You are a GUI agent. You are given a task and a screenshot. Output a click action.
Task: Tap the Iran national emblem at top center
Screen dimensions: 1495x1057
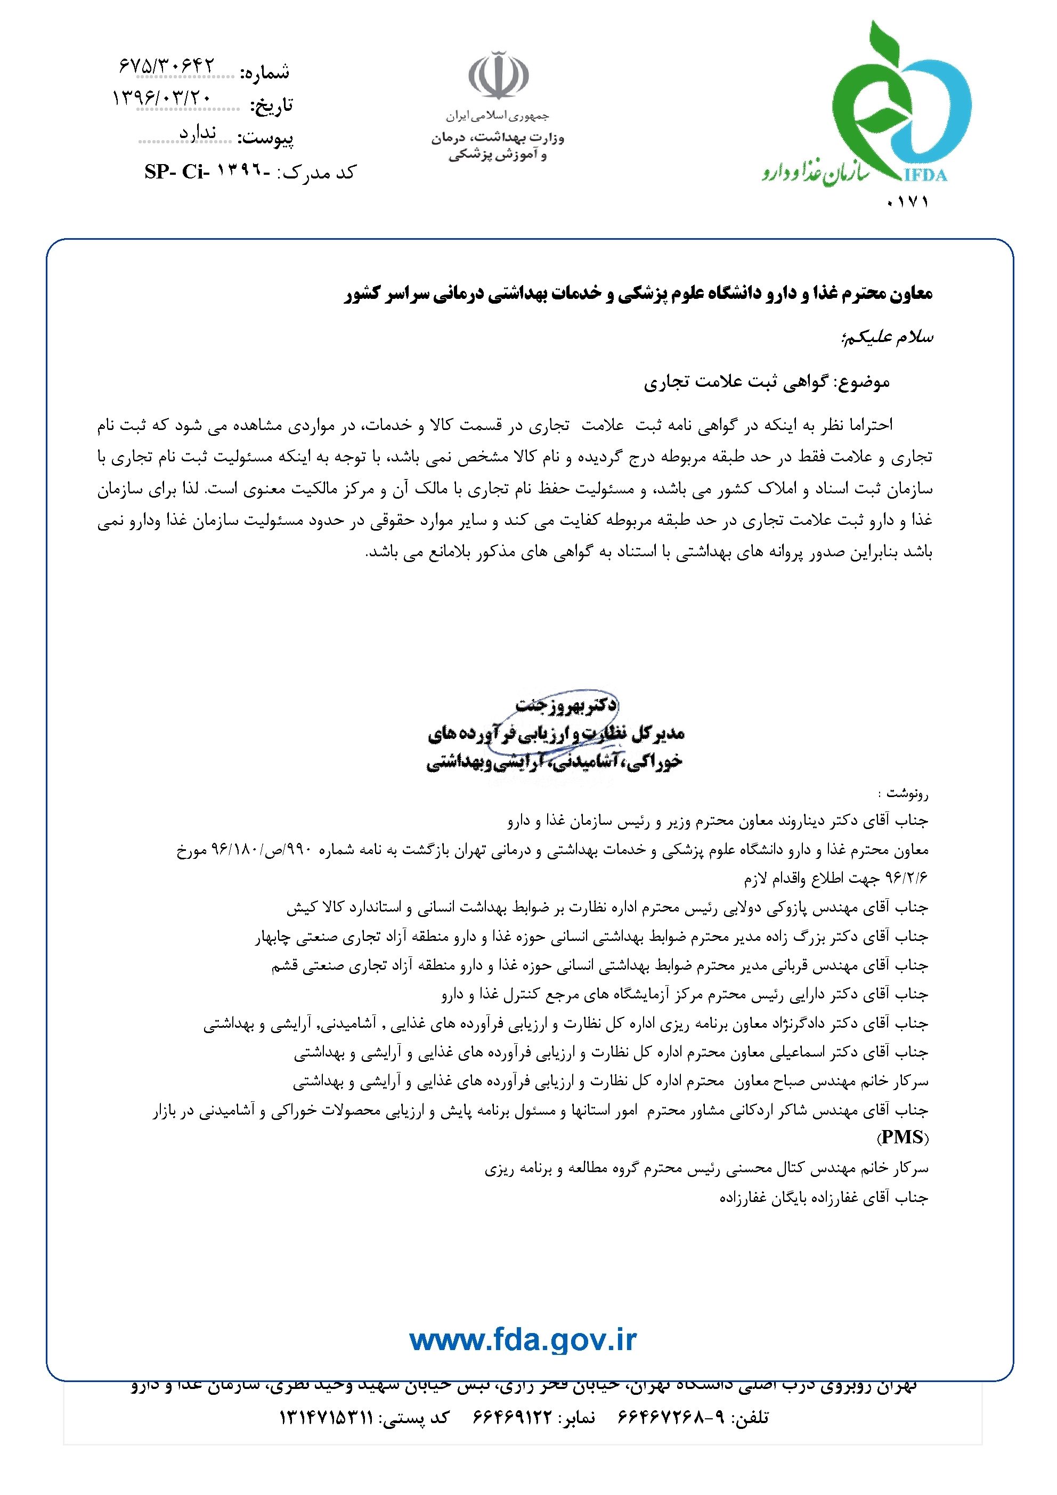coord(498,75)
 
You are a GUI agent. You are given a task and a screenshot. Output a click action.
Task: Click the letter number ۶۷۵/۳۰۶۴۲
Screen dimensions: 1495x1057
coord(167,65)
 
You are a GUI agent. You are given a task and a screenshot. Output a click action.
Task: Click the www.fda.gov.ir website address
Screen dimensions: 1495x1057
coord(523,1340)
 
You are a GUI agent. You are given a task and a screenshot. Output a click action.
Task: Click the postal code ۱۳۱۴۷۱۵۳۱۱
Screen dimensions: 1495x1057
coord(326,1418)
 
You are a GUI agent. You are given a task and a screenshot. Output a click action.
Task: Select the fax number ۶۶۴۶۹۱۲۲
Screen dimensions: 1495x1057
coord(512,1418)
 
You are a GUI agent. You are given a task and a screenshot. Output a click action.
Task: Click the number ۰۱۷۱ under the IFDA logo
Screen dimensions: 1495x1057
coord(908,202)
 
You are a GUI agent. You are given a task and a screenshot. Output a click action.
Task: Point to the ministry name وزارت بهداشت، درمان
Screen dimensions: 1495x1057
coord(498,137)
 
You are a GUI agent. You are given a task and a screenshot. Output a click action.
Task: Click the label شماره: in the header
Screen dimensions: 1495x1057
coord(264,73)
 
